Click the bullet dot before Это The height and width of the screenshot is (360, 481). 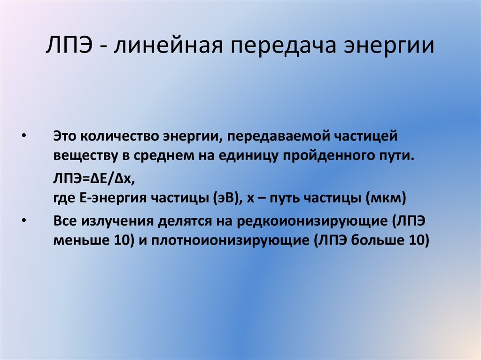[24, 136]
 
